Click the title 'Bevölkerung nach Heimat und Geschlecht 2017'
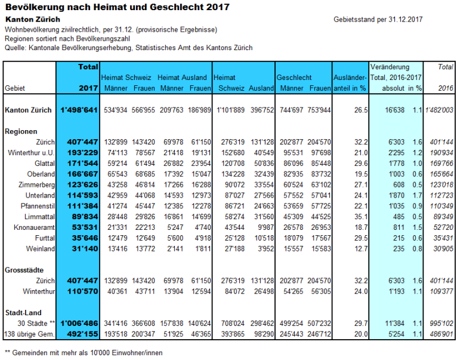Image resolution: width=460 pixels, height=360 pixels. [x=117, y=7]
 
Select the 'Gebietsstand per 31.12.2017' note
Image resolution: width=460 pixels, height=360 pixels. [x=378, y=20]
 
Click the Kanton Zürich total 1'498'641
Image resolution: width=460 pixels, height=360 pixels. [x=79, y=110]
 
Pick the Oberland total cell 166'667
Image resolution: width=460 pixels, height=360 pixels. [x=79, y=174]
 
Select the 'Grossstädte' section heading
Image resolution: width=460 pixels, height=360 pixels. [x=24, y=270]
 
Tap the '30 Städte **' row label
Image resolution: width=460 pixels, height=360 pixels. [x=37, y=323]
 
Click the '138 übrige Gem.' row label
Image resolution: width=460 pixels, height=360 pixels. [x=30, y=334]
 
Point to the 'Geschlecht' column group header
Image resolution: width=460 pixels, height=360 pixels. [x=294, y=78]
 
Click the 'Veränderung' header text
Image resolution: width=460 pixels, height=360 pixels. [x=390, y=67]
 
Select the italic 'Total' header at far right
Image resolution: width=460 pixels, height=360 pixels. [x=445, y=67]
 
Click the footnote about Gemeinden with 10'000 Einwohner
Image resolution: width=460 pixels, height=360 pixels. [x=83, y=352]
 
